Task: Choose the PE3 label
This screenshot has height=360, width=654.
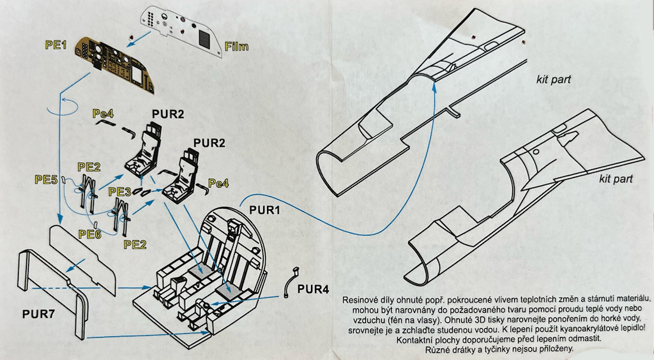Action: pyautogui.click(x=120, y=192)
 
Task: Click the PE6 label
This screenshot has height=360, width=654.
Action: pyautogui.click(x=89, y=234)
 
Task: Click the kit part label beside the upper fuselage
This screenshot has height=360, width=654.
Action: pyautogui.click(x=553, y=80)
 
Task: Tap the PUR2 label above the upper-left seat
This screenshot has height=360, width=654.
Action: pyautogui.click(x=167, y=114)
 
